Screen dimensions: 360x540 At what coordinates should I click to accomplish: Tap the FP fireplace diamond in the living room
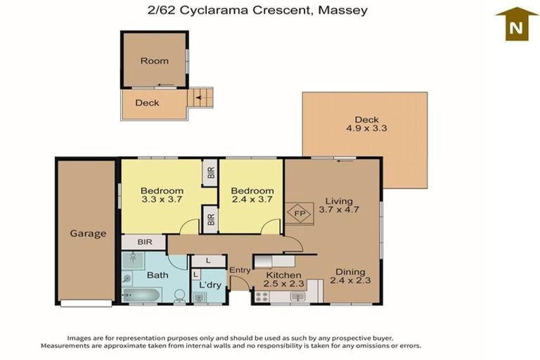point(298,213)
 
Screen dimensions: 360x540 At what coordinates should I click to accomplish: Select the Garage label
point(87,233)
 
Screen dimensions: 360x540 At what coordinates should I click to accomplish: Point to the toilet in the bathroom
point(179,295)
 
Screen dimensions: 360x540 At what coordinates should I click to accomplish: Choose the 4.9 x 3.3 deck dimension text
point(366,129)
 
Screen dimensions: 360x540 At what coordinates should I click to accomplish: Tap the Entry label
point(240,270)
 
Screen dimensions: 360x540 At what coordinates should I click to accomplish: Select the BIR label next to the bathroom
point(144,242)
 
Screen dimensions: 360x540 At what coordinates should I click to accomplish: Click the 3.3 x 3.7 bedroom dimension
point(162,200)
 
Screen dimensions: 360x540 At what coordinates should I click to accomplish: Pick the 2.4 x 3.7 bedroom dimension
point(252,200)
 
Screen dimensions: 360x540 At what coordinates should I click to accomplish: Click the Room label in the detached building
point(154,60)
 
